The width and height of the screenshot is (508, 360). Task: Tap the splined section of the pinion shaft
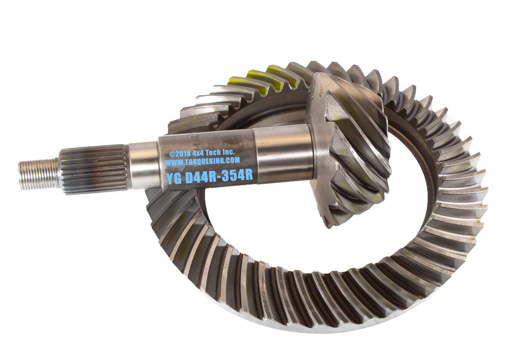tap(93, 169)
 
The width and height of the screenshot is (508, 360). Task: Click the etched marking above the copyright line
tap(196, 140)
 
